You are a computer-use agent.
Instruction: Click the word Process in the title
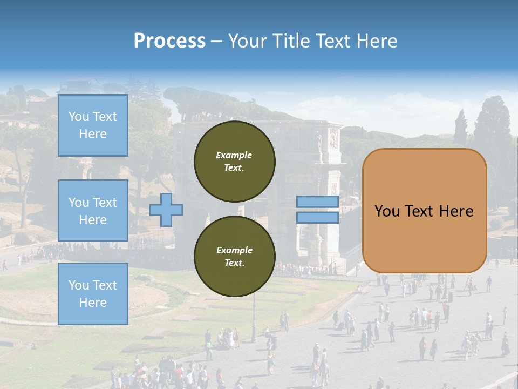(169, 41)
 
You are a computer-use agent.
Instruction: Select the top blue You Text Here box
(93, 125)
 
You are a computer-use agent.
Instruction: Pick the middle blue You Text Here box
(93, 211)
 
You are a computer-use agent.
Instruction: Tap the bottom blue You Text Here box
(93, 293)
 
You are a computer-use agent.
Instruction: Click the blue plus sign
(166, 210)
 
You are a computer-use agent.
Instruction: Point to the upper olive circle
(234, 161)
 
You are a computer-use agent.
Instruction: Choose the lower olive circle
(234, 256)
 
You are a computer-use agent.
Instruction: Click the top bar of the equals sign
(318, 202)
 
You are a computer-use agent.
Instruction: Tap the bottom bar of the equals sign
(318, 217)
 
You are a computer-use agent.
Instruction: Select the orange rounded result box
(424, 211)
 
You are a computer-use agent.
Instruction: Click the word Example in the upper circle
(234, 155)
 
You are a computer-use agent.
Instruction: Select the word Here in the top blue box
(93, 134)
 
